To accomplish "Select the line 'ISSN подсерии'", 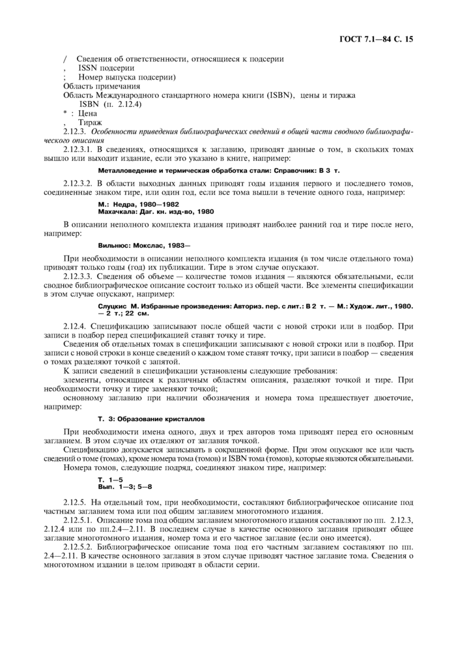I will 106,68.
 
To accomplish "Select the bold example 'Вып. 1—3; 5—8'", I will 125,487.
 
